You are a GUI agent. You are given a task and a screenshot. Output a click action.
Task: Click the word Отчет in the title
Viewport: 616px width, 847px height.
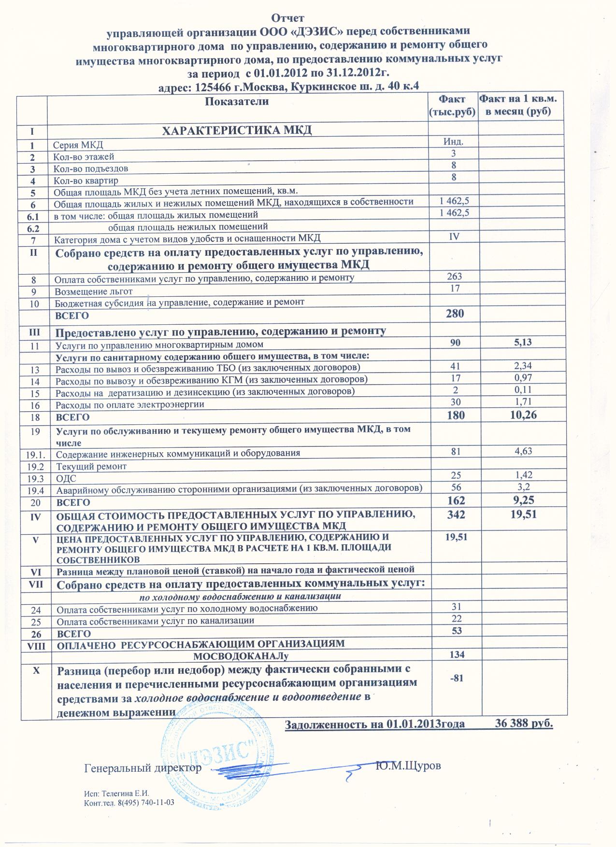point(288,18)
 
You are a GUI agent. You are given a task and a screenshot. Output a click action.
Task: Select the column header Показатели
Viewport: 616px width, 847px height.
point(237,101)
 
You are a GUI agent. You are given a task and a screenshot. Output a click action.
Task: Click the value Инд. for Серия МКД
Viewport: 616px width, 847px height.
point(454,142)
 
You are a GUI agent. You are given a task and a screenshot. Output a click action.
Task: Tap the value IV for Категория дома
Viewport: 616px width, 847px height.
point(454,236)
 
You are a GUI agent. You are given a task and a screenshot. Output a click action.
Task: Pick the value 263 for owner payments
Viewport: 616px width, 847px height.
point(454,277)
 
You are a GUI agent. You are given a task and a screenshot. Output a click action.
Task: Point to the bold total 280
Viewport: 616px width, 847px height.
point(454,314)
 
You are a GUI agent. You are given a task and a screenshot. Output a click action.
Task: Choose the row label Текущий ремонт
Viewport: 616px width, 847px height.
point(91,467)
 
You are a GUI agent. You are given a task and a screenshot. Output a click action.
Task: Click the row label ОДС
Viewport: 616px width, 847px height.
point(66,479)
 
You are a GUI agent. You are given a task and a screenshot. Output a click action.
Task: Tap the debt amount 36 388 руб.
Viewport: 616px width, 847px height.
point(524,724)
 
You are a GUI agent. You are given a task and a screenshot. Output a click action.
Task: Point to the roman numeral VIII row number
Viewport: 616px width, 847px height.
point(33,644)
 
